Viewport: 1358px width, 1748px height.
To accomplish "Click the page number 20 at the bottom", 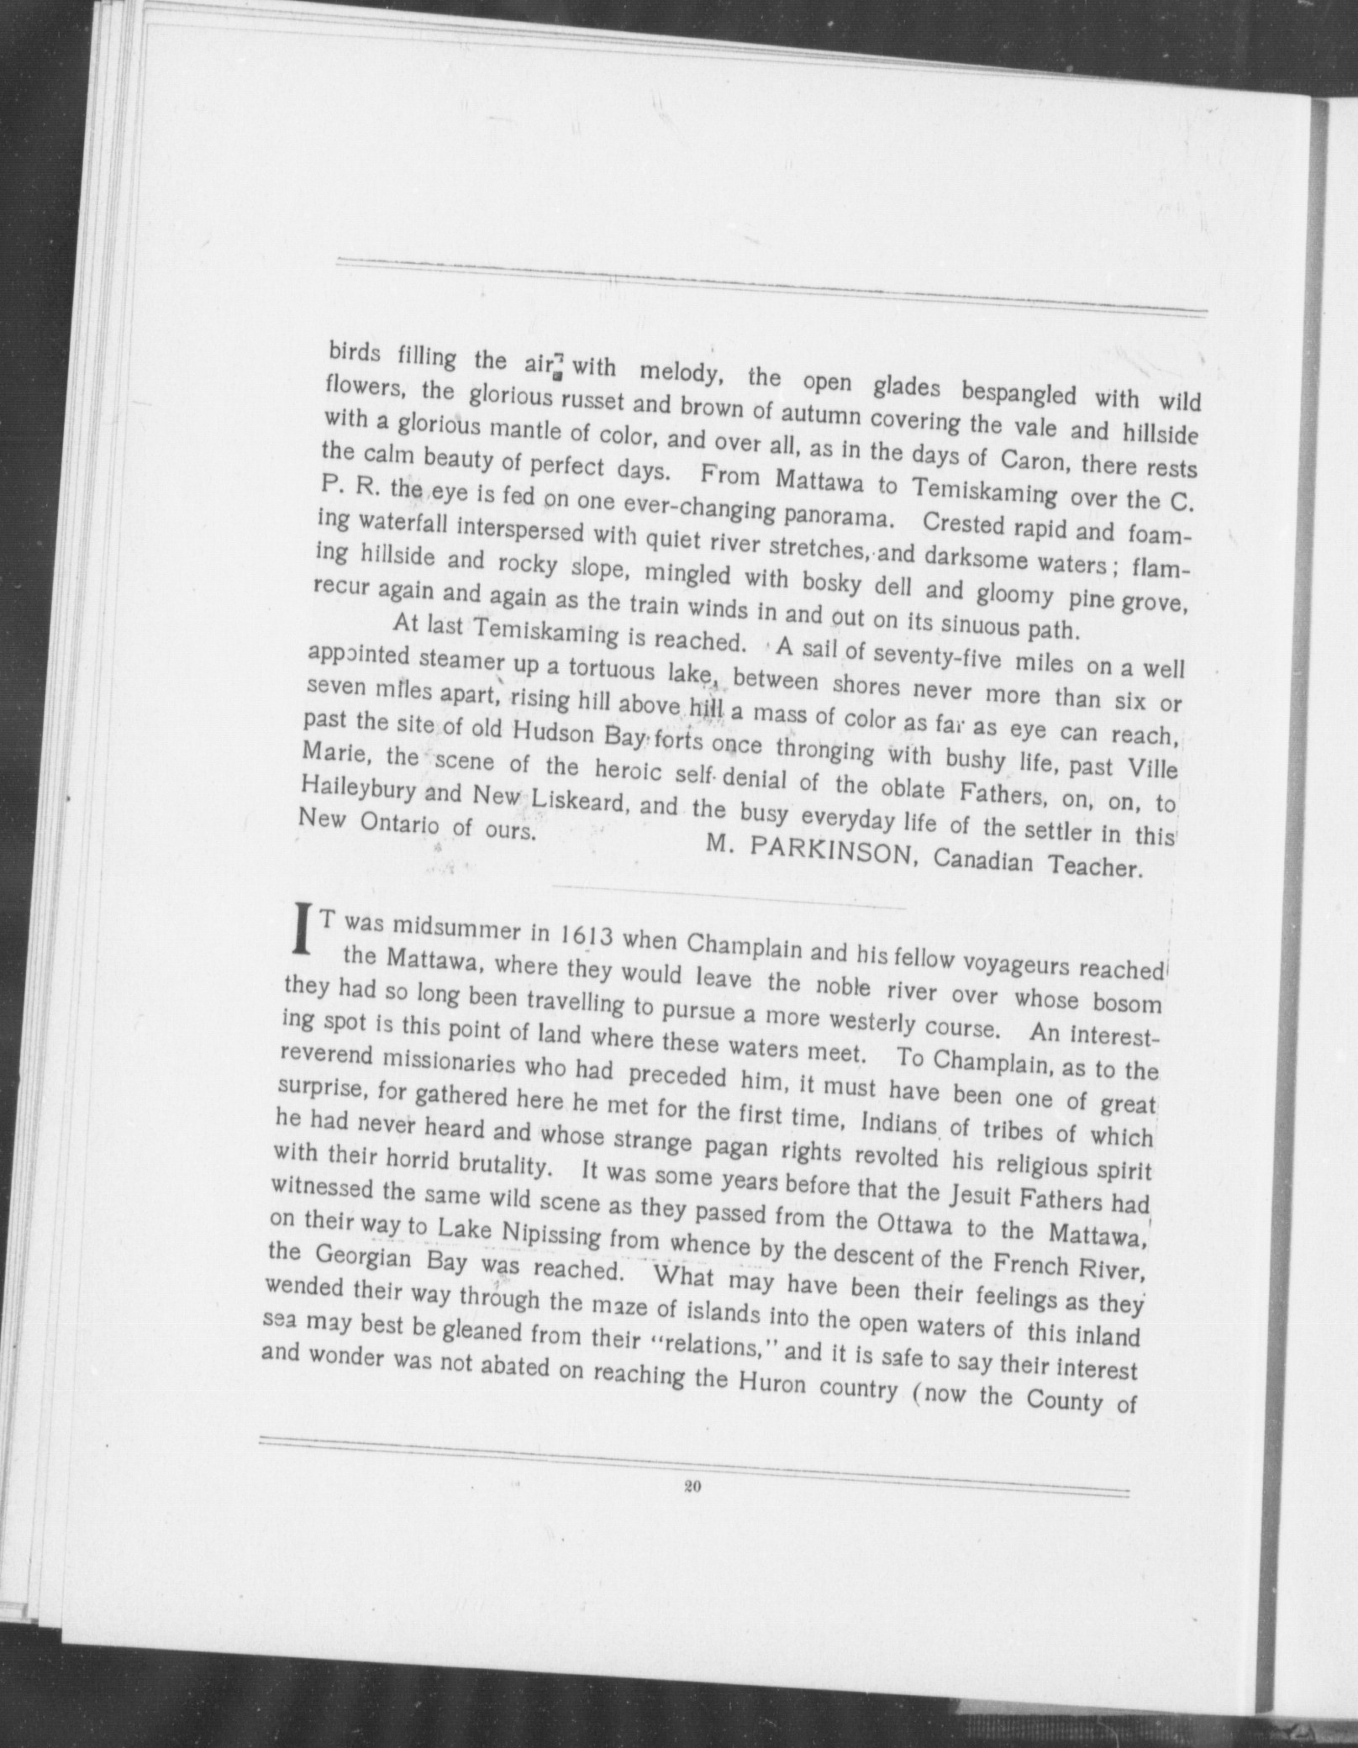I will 692,1508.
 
